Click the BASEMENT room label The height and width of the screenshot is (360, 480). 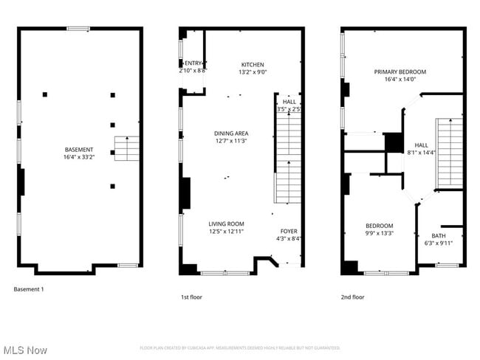[x=78, y=150]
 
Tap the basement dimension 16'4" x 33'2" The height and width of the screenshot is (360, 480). [x=78, y=157]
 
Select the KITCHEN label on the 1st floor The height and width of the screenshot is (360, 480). [x=252, y=65]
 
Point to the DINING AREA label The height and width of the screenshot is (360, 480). [x=231, y=134]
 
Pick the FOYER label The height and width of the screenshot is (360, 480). [x=288, y=231]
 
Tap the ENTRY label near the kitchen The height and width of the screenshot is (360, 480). [x=193, y=64]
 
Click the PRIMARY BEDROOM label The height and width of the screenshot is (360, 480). [x=400, y=72]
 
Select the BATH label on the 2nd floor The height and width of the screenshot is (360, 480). [x=438, y=236]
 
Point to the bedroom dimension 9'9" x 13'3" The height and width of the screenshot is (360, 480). [x=379, y=233]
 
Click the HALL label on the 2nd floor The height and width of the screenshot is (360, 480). [x=421, y=145]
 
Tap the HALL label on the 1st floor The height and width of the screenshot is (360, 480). [x=289, y=102]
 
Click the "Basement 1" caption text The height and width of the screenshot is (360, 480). [x=29, y=289]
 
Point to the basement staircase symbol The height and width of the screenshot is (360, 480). [x=126, y=149]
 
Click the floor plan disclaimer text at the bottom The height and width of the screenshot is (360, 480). [x=239, y=347]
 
